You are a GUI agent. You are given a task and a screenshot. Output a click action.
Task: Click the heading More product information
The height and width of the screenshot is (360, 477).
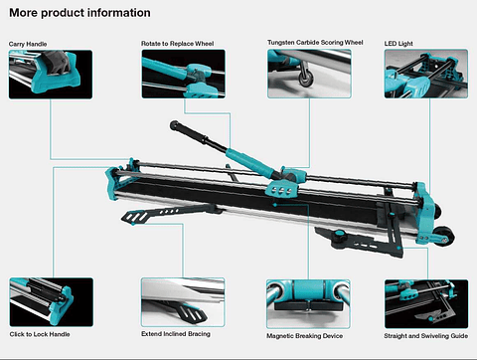click(79, 14)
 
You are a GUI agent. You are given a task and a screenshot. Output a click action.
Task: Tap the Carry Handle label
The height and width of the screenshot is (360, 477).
click(27, 45)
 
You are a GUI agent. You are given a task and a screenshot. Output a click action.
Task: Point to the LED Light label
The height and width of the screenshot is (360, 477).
click(401, 45)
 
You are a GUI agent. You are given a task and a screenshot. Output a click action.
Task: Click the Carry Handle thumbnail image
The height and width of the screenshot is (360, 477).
click(44, 77)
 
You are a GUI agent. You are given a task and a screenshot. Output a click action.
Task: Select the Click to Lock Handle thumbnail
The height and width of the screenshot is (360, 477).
click(44, 301)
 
